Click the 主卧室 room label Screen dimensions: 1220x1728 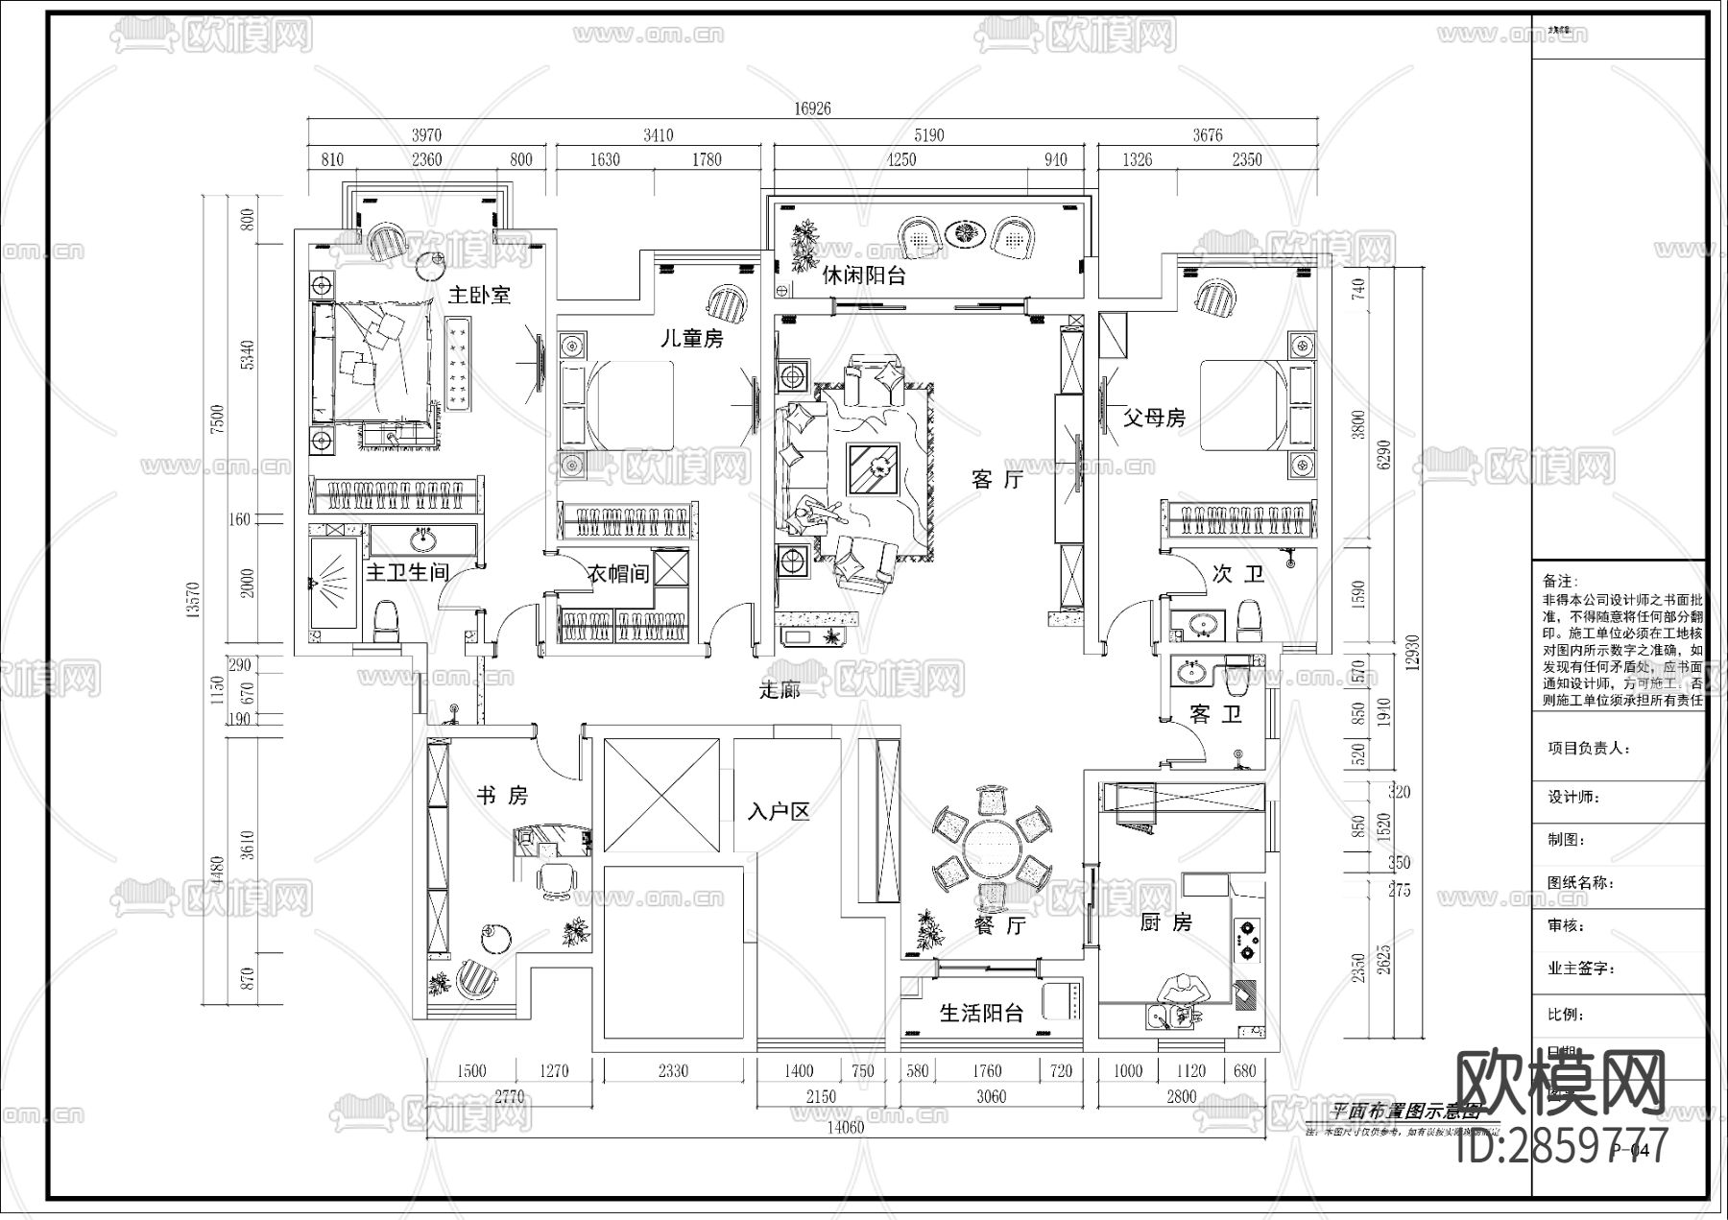479,295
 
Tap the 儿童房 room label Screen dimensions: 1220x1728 691,338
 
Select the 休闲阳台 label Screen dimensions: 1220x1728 864,276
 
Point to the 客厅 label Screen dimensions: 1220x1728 997,480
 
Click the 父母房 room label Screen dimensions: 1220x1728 1155,418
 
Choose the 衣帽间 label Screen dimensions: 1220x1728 618,574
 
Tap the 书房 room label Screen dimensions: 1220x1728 502,796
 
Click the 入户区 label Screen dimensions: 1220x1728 779,812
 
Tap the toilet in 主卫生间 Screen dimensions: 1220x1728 385,620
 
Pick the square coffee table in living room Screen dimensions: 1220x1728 873,467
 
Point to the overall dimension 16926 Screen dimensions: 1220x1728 812,108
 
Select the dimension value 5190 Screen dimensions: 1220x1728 928,135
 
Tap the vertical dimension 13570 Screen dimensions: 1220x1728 191,602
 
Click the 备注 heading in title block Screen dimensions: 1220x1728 1559,582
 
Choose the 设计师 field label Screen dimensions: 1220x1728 1573,797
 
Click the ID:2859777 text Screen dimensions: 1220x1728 1564,1146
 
